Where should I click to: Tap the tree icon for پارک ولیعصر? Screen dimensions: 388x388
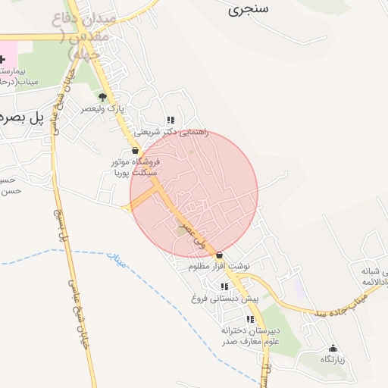coord(103,97)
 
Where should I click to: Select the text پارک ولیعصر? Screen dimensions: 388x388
coord(103,109)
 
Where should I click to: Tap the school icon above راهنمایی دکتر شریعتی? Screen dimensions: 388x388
coord(171,120)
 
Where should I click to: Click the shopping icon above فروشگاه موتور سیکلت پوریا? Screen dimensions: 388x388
coord(135,151)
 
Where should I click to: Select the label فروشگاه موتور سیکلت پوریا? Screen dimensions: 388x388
coord(134,167)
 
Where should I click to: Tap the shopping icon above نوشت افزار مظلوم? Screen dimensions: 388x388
coord(220,255)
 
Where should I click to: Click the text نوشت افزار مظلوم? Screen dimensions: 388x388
coord(220,267)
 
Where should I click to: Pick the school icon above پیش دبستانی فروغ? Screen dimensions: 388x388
coord(224,286)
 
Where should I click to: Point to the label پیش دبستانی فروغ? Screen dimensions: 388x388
coord(224,298)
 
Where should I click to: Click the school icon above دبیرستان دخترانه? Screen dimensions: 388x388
coord(250,319)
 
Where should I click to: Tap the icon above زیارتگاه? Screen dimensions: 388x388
coord(333,348)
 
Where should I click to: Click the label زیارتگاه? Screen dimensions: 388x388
coord(333,359)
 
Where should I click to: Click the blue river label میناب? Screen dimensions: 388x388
coord(115,259)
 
